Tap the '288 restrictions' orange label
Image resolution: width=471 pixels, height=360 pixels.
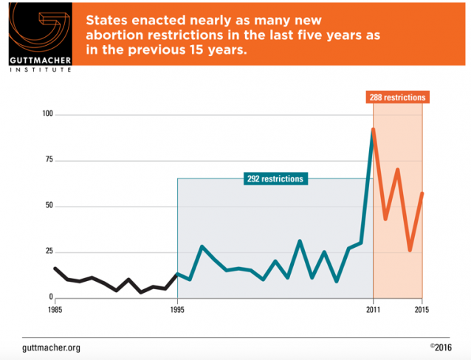pos(397,97)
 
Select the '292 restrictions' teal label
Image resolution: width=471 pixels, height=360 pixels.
pos(275,179)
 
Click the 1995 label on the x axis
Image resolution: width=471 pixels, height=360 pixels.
pos(177,309)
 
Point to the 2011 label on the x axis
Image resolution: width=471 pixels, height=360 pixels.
pos(374,309)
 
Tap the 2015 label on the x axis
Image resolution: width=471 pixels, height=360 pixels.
pos(422,309)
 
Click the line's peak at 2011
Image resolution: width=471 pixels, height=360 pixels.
pos(374,129)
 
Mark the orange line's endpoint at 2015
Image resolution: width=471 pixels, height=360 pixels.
pos(422,193)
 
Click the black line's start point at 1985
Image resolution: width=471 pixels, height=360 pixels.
pos(55,269)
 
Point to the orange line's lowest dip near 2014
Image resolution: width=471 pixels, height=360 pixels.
pos(410,250)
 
